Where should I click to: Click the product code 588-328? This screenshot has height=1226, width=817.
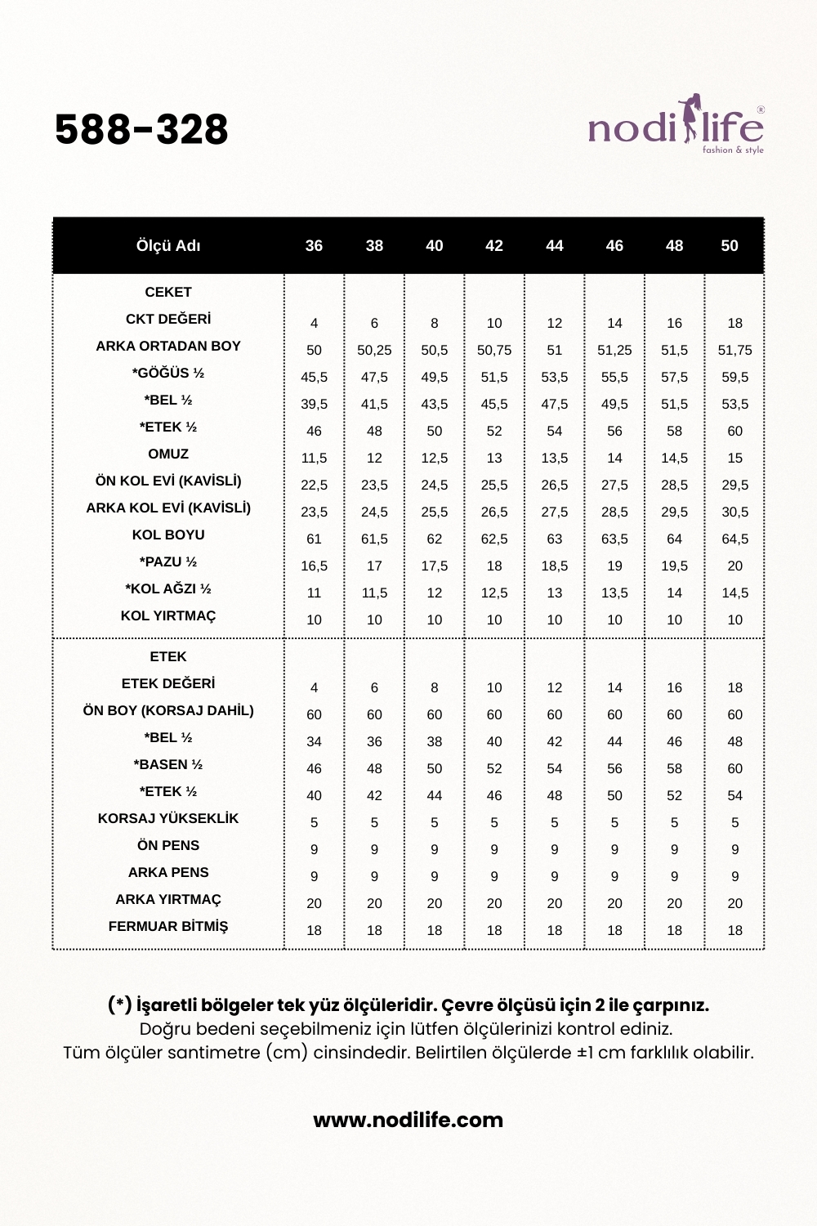(x=141, y=129)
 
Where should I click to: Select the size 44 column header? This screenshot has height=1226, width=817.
(x=555, y=246)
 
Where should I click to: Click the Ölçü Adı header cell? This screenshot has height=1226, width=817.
(x=168, y=246)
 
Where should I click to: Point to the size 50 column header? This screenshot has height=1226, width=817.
(x=730, y=246)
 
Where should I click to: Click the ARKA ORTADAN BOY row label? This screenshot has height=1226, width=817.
(x=168, y=346)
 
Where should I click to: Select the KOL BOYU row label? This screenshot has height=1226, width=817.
(x=168, y=535)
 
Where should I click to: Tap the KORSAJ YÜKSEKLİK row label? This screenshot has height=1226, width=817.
(x=168, y=818)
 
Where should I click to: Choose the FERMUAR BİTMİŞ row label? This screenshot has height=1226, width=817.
(x=168, y=926)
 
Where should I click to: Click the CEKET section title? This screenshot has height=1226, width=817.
(x=168, y=292)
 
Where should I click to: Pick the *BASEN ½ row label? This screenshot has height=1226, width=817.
(x=168, y=764)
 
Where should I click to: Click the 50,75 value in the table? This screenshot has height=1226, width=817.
(x=494, y=350)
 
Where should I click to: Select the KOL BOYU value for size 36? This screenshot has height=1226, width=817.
(x=315, y=539)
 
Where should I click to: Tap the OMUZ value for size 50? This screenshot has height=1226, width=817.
(x=735, y=458)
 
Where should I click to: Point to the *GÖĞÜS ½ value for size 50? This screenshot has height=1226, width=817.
(x=735, y=377)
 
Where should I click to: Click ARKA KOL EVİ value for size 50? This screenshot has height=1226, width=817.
(x=735, y=512)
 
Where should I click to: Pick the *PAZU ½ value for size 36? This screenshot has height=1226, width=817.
(x=315, y=566)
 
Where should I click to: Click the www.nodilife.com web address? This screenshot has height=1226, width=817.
(x=408, y=1120)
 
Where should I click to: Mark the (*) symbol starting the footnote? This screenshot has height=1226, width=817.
(x=119, y=1005)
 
